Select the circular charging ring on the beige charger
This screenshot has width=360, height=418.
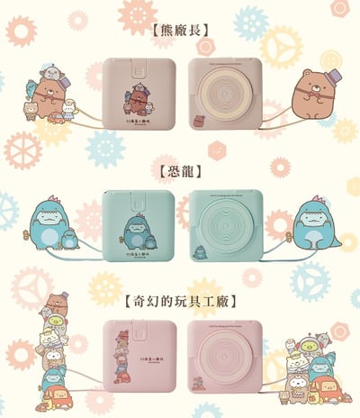coord(225,99)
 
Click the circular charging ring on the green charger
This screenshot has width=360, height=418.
coord(225,226)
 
